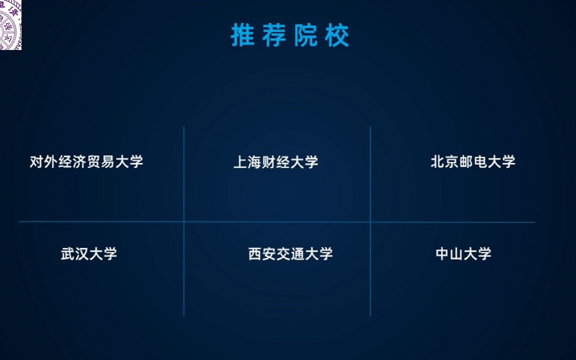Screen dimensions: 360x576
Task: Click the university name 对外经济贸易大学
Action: pos(86,162)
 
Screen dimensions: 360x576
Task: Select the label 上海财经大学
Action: pos(275,162)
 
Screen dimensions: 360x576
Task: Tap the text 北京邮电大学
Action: pos(472,162)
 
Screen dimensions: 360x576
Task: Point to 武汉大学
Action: pos(89,253)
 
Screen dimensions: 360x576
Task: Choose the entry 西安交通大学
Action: pos(290,253)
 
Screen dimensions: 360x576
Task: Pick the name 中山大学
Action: pos(463,253)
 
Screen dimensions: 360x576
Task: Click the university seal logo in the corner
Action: pos(10,24)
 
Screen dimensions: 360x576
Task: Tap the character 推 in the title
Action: pos(243,35)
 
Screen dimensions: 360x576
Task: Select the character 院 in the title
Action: pos(305,35)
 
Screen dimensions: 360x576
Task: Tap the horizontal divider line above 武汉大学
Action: pos(100,221)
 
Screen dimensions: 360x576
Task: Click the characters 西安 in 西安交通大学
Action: pos(262,253)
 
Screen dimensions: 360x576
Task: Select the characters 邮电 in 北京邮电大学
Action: pos(472,162)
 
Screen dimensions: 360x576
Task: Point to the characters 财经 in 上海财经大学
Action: pos(275,162)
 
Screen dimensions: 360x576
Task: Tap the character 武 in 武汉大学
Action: pos(68,253)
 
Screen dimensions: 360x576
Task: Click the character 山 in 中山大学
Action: pos(456,253)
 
